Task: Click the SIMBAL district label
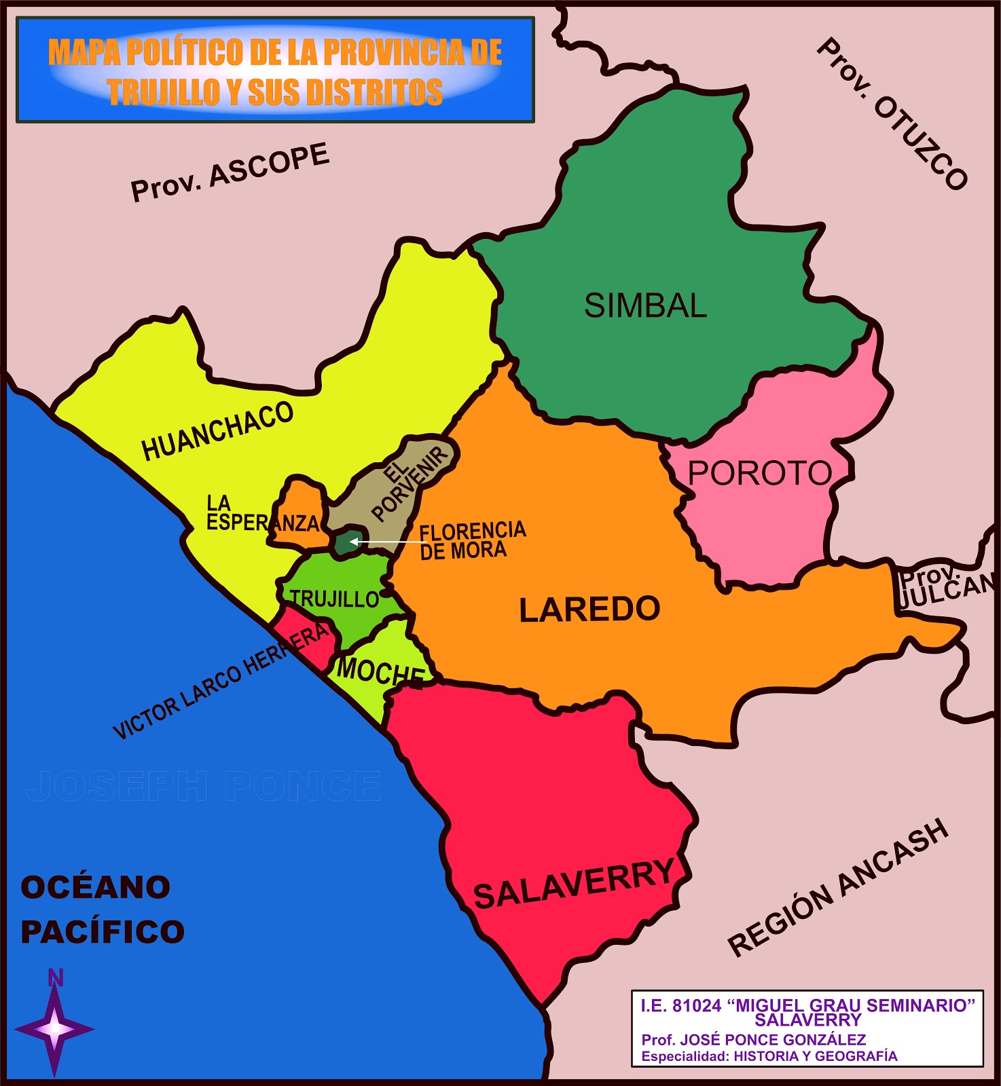645,306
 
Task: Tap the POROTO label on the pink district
760,473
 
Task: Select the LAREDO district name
589,610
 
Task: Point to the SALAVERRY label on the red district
574,883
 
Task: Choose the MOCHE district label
380,671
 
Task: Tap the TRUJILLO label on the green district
334,599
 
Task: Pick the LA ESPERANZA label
261,514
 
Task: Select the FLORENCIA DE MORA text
472,540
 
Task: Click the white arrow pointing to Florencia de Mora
380,542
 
